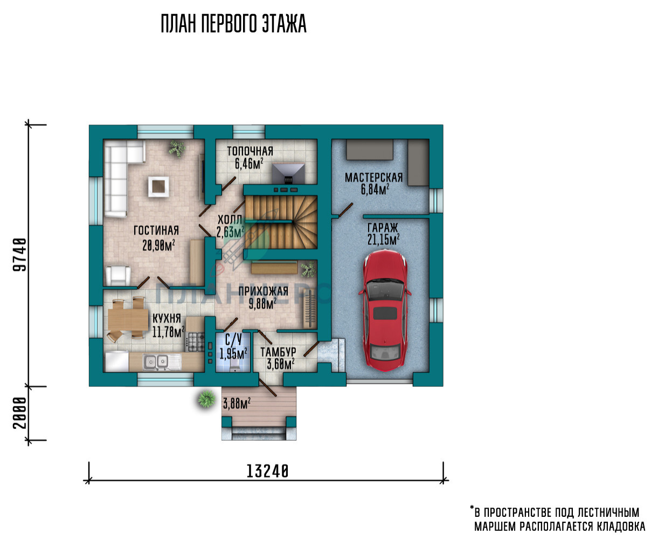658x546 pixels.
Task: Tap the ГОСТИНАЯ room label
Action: pos(156,230)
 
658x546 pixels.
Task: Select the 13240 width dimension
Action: pos(267,472)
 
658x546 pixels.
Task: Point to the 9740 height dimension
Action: pos(20,255)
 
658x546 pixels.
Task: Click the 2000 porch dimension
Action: pos(20,413)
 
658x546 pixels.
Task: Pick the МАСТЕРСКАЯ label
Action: pos(374,178)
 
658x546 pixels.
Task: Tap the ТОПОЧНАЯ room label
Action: pos(250,151)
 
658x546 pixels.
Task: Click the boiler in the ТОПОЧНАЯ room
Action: pos(288,173)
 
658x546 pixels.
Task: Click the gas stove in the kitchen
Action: pos(196,342)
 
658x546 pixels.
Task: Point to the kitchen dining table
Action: pos(128,319)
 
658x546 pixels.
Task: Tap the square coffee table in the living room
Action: pos(158,187)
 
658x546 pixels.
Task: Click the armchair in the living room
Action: pos(118,276)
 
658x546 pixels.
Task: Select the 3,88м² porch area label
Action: pos(237,403)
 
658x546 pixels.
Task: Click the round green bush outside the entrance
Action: pos(207,399)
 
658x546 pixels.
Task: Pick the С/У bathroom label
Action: pos(233,340)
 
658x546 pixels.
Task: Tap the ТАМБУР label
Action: pos(278,352)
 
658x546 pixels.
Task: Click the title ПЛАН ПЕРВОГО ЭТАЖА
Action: pos(233,24)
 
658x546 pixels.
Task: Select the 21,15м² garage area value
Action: pos(383,240)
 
